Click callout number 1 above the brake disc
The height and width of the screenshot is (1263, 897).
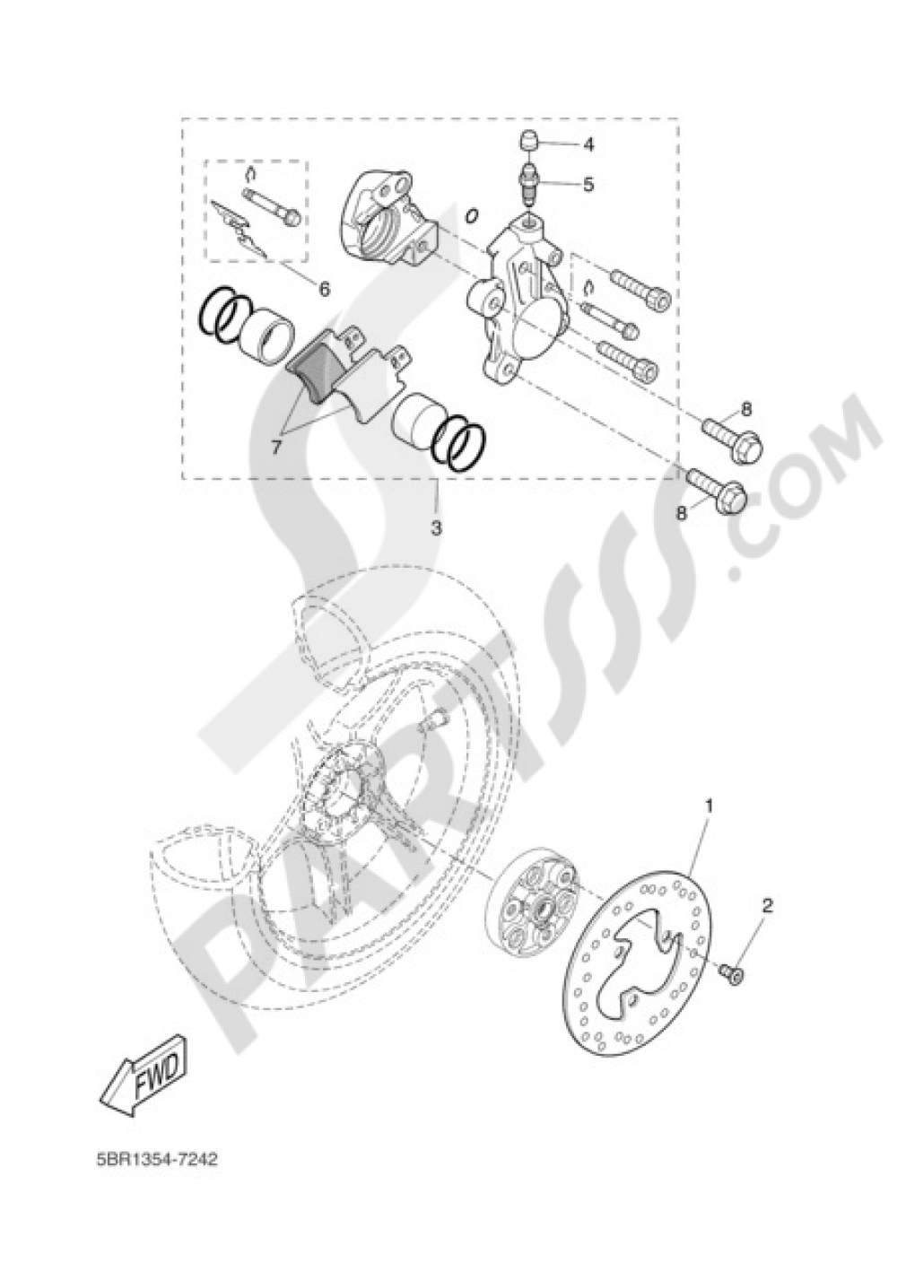point(708,806)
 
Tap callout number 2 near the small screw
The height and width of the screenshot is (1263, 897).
point(767,905)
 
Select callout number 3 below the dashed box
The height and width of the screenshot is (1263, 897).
point(437,528)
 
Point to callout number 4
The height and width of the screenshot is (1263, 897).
point(588,144)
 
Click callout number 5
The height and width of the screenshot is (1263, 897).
point(588,184)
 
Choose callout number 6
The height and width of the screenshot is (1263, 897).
point(324,289)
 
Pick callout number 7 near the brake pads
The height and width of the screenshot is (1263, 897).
point(275,446)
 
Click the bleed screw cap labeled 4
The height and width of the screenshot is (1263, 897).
point(528,142)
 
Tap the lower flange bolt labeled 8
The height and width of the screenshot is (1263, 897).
point(718,490)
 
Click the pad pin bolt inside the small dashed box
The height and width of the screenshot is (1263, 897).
point(269,206)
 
